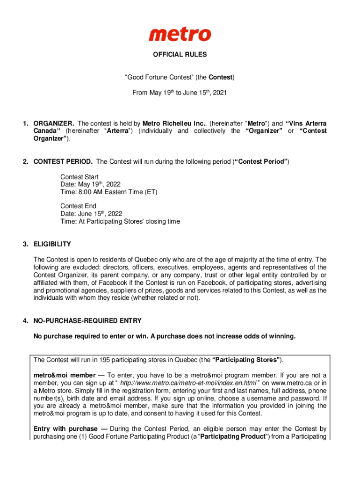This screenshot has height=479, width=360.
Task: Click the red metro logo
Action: (x=180, y=34)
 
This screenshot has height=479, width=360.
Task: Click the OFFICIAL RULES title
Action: (x=180, y=55)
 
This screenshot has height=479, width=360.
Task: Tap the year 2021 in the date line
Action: (x=219, y=93)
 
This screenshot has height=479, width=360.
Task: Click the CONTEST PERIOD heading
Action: (x=63, y=162)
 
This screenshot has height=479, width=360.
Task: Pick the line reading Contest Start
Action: (x=79, y=177)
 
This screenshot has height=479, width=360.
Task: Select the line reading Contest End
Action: (x=78, y=206)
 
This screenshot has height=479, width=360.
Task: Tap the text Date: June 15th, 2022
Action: (x=91, y=214)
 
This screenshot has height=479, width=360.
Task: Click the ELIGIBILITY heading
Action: (x=52, y=244)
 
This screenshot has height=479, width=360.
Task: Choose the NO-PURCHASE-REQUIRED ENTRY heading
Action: (x=87, y=321)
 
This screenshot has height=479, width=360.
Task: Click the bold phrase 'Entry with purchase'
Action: (x=65, y=429)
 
